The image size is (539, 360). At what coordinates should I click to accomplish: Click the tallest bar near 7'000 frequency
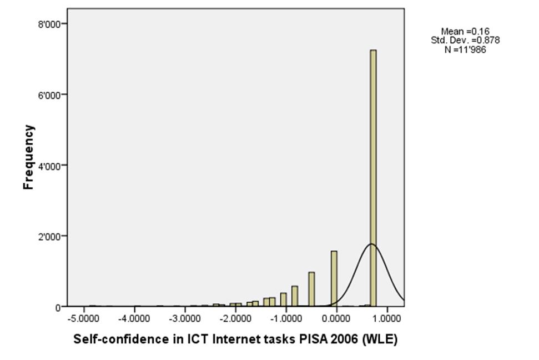(x=373, y=178)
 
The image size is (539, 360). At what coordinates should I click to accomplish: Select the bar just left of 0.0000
(x=334, y=278)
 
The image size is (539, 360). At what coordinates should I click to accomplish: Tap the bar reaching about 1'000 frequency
(x=311, y=289)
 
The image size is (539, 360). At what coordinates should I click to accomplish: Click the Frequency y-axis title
(x=29, y=157)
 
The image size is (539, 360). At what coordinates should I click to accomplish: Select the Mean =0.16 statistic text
(x=465, y=32)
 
